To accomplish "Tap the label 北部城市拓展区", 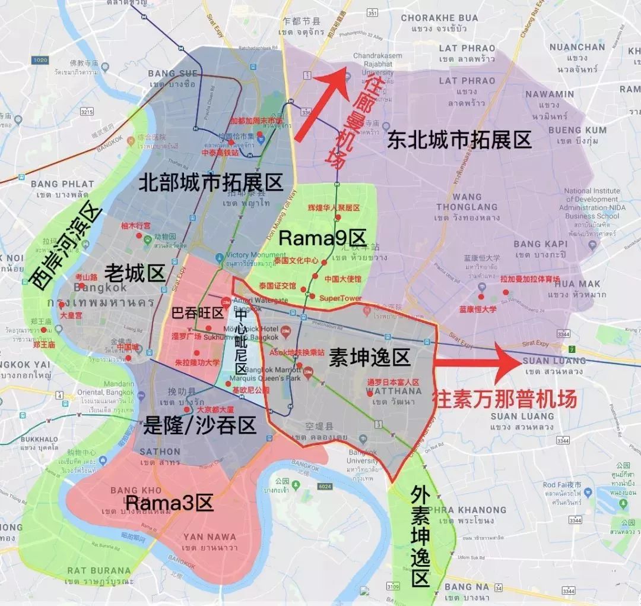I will pyautogui.click(x=211, y=182).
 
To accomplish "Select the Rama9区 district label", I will pyautogui.click(x=322, y=239).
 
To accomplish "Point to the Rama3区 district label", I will pyautogui.click(x=169, y=503).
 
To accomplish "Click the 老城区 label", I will pyautogui.click(x=135, y=273).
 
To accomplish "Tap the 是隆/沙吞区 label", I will pyautogui.click(x=199, y=424).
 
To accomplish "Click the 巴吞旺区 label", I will pyautogui.click(x=197, y=313).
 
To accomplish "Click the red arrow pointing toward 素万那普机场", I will pyautogui.click(x=478, y=363).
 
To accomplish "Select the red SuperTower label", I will pyautogui.click(x=340, y=298).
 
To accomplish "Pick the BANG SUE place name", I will pyautogui.click(x=172, y=74).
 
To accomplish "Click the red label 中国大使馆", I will pyautogui.click(x=342, y=279).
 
